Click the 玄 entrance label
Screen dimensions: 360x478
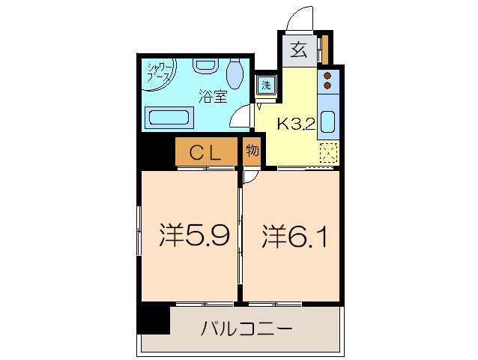(298, 50)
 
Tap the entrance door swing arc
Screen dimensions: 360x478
(303, 17)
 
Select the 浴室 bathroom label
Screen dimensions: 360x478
(213, 96)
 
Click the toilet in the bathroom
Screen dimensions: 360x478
(235, 74)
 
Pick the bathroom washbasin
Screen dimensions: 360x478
(204, 65)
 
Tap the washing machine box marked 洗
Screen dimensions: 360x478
(266, 85)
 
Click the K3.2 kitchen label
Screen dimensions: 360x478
(296, 124)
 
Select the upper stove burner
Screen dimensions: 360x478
(327, 76)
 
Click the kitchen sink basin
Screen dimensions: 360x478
(328, 122)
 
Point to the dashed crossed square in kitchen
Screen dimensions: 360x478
(328, 153)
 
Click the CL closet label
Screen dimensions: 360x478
(205, 153)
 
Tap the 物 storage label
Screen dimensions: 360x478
(252, 151)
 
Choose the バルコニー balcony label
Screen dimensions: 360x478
(246, 328)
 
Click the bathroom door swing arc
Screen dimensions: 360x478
(240, 116)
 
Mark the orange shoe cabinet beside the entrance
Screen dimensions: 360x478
(324, 49)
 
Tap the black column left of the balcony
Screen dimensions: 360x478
(154, 319)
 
